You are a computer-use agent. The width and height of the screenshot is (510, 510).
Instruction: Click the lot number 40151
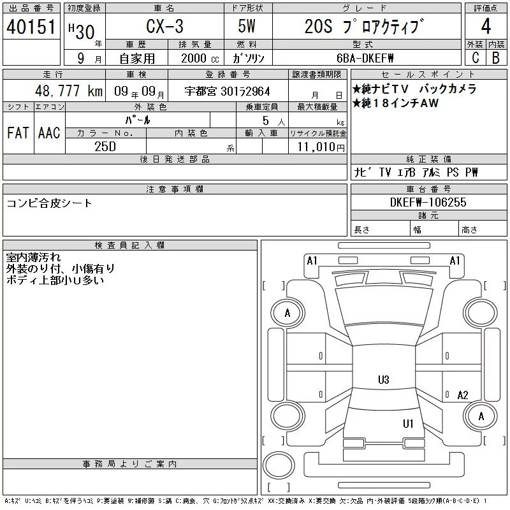pyautogui.click(x=31, y=27)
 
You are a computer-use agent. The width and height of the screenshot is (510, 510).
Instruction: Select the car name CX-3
pyautogui.click(x=164, y=26)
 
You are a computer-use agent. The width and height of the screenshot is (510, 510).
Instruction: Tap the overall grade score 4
pyautogui.click(x=486, y=26)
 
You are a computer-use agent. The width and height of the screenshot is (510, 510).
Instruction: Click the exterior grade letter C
pyautogui.click(x=476, y=57)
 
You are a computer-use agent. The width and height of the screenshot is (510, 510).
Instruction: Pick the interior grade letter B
pyautogui.click(x=496, y=57)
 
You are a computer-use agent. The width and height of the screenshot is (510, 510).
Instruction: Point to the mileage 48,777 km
pyautogui.click(x=69, y=91)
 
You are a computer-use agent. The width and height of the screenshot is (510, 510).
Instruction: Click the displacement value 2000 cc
pyautogui.click(x=200, y=58)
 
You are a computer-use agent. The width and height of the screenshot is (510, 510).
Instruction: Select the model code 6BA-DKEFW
pyautogui.click(x=365, y=58)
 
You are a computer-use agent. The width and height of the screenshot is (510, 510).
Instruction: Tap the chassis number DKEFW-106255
pyautogui.click(x=428, y=202)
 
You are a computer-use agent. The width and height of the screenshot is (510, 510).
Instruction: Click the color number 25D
pyautogui.click(x=105, y=147)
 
